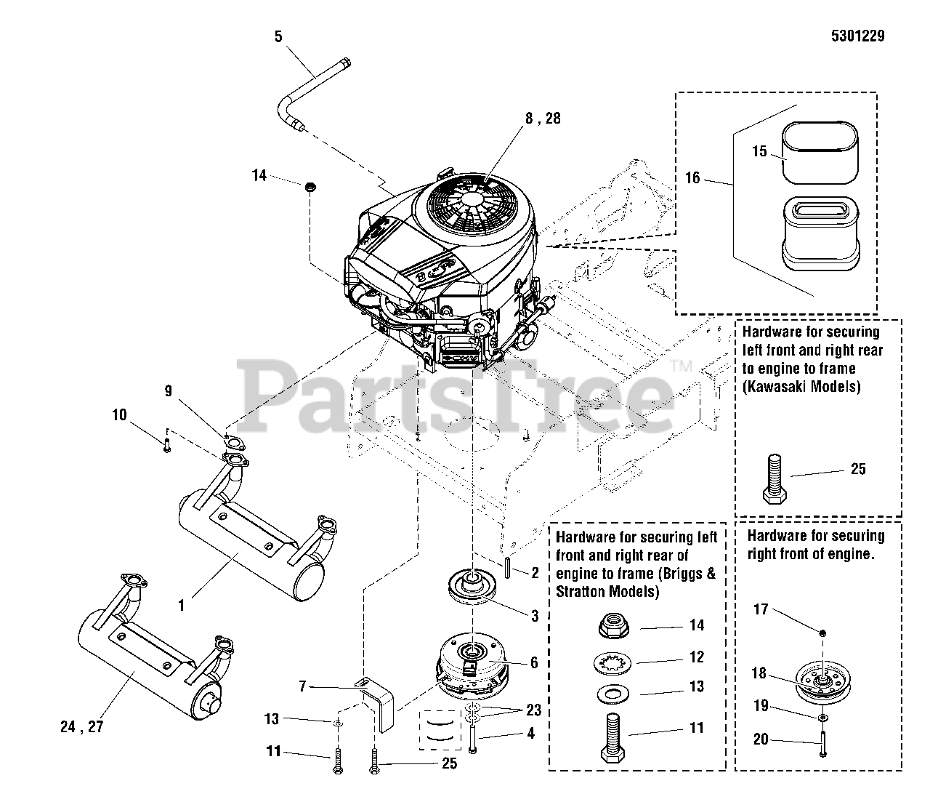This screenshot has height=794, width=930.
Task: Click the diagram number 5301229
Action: click(x=854, y=36)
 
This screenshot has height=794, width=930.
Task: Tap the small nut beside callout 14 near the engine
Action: click(x=311, y=188)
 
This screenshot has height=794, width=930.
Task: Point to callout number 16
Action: click(x=692, y=177)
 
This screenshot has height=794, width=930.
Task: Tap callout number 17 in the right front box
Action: click(x=760, y=609)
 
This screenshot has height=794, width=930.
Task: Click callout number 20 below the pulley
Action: click(x=760, y=739)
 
